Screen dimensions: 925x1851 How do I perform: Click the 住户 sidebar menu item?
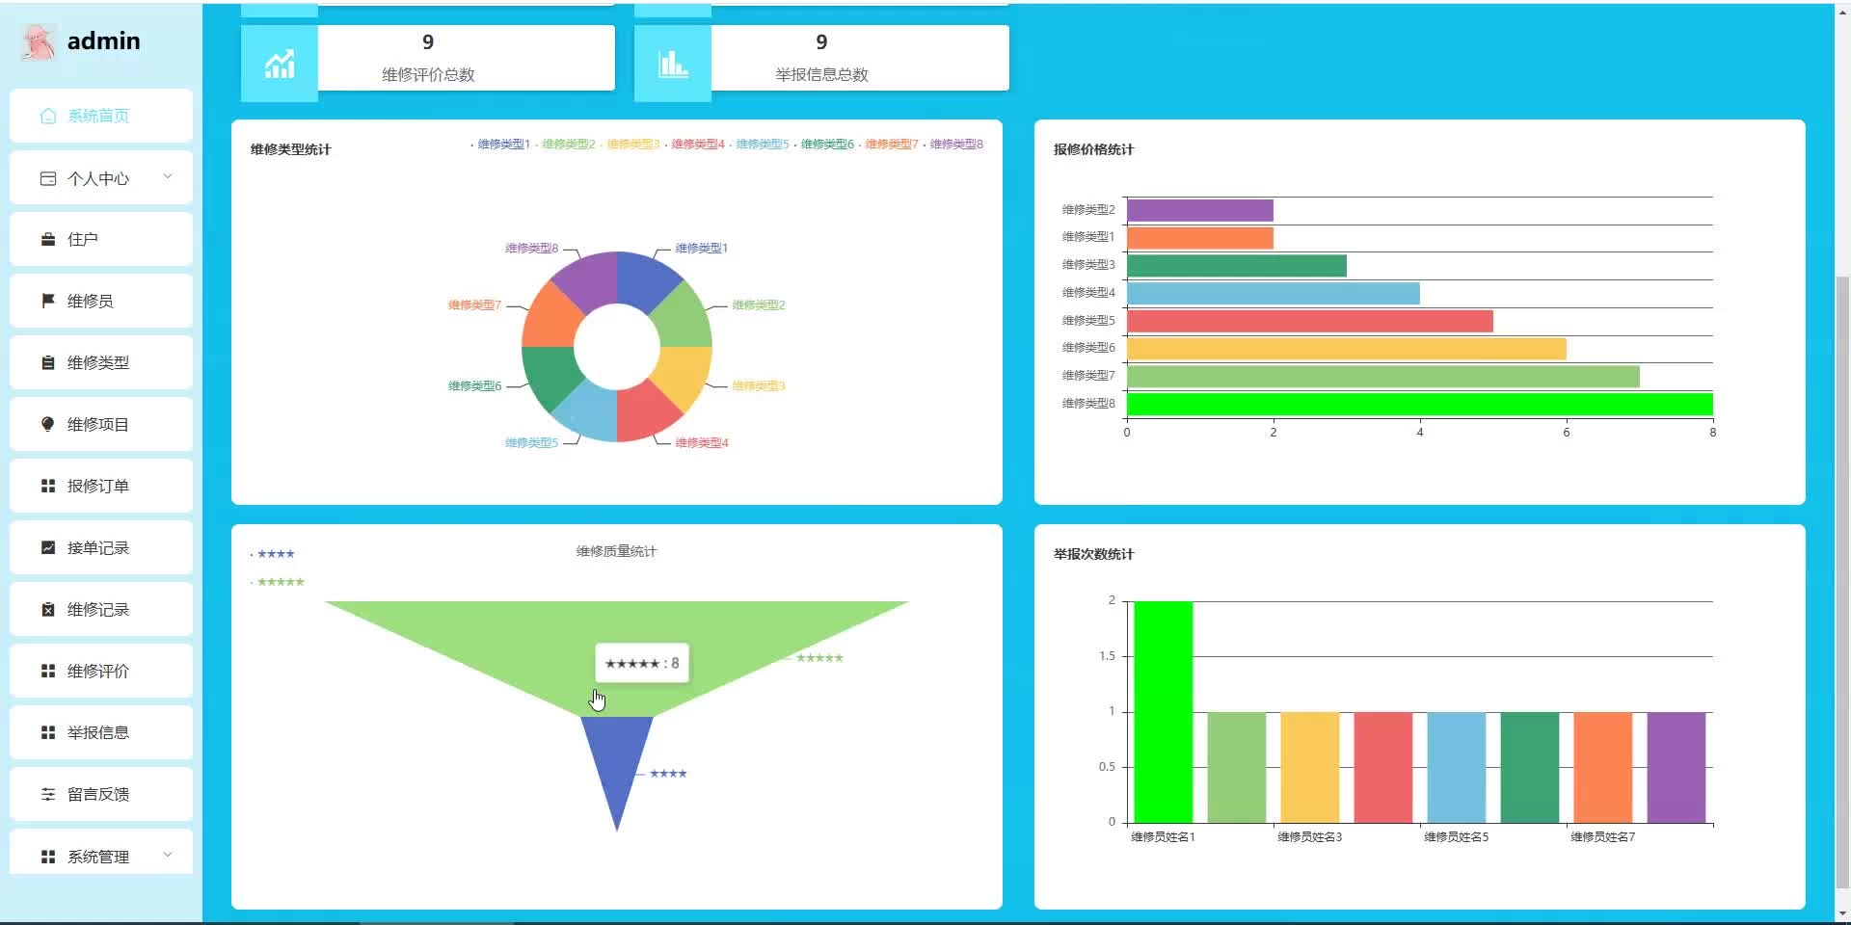[x=83, y=240]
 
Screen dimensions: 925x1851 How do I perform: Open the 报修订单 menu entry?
[x=97, y=487]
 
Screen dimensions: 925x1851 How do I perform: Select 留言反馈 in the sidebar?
[x=97, y=795]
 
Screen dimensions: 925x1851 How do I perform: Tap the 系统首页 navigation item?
[x=97, y=117]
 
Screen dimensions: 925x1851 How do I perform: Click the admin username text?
[x=103, y=41]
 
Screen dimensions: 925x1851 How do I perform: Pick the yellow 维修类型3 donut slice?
[x=681, y=376]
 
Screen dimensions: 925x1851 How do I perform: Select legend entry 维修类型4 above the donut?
[x=697, y=145]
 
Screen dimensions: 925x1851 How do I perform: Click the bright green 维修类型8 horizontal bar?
[x=1419, y=404]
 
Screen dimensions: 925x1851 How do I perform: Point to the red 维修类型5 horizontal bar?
[x=1309, y=321]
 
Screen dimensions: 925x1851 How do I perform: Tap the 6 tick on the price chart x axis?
[x=1566, y=433]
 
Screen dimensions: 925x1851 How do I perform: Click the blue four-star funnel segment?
[x=617, y=761]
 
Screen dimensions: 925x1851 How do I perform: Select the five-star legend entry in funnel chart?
[x=280, y=582]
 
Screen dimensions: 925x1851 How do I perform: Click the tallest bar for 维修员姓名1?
[x=1163, y=712]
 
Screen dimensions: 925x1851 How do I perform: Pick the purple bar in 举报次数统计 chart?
[x=1676, y=767]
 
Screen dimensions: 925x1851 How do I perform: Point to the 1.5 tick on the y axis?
[x=1107, y=656]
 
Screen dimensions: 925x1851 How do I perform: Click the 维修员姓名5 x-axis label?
[x=1456, y=837]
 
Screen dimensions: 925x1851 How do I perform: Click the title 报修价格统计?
[x=1093, y=149]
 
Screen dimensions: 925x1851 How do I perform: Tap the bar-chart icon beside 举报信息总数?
[x=672, y=65]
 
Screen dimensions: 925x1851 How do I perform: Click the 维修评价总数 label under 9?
[x=428, y=75]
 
